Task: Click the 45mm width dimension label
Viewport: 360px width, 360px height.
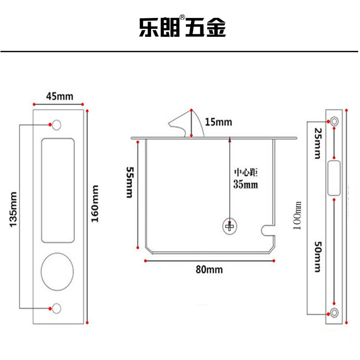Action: click(59, 96)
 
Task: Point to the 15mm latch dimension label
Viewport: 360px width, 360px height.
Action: click(218, 121)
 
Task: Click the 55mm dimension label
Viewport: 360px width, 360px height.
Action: click(129, 182)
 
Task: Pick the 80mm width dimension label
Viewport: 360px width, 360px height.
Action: click(209, 270)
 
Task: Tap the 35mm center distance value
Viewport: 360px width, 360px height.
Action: click(246, 184)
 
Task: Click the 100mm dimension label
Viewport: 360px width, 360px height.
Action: click(297, 215)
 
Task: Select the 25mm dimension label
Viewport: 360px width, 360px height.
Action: click(318, 144)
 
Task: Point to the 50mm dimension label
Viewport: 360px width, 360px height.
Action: click(318, 256)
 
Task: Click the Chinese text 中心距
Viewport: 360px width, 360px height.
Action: click(246, 172)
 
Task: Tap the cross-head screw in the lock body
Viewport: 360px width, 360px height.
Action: click(230, 226)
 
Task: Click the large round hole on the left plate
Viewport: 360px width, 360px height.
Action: click(57, 272)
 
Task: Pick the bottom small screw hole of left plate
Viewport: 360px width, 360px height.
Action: click(56, 308)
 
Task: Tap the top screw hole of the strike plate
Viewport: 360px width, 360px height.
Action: click(335, 121)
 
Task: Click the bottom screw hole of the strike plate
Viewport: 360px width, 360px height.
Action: click(335, 312)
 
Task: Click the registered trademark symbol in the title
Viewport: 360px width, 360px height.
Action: click(182, 18)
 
